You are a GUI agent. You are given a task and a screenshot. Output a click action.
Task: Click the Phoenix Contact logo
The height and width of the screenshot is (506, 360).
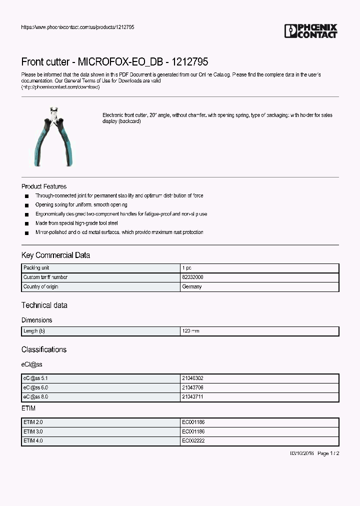pyautogui.click(x=310, y=31)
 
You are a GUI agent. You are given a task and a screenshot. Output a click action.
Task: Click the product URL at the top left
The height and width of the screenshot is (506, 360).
pyautogui.click(x=77, y=27)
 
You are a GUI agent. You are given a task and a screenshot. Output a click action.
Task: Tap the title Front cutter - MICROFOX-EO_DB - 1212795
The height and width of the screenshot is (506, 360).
pyautogui.click(x=114, y=62)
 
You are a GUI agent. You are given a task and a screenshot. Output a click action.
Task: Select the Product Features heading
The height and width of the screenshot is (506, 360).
pyautogui.click(x=44, y=186)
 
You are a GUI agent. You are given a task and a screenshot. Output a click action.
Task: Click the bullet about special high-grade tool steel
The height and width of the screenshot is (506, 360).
pyautogui.click(x=76, y=223)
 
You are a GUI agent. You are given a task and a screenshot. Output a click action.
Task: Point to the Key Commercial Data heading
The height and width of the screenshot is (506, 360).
pyautogui.click(x=55, y=255)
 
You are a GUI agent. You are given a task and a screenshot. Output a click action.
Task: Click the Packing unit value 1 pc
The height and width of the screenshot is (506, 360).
pyautogui.click(x=186, y=268)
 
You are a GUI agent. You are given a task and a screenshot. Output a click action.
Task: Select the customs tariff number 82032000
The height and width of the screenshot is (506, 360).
pyautogui.click(x=192, y=277)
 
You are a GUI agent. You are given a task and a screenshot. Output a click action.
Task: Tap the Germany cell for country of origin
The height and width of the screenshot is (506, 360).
pyautogui.click(x=192, y=286)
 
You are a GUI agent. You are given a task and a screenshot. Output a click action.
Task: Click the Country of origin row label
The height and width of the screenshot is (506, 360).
pyautogui.click(x=40, y=286)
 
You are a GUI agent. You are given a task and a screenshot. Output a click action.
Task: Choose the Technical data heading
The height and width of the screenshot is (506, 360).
pyautogui.click(x=44, y=305)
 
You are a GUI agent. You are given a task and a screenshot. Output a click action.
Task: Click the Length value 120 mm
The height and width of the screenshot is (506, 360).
pyautogui.click(x=191, y=331)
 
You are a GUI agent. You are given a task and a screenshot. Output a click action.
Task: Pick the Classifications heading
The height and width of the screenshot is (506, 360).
pyautogui.click(x=43, y=349)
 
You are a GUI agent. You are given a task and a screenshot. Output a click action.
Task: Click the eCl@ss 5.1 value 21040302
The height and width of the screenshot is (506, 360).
pyautogui.click(x=192, y=378)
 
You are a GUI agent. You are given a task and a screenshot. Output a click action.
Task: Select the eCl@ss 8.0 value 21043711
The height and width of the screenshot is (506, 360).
pyautogui.click(x=192, y=396)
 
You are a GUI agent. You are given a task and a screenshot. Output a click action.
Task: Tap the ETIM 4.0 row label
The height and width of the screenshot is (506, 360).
pyautogui.click(x=33, y=440)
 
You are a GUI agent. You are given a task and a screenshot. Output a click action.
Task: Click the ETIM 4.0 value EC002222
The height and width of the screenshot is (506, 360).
pyautogui.click(x=193, y=440)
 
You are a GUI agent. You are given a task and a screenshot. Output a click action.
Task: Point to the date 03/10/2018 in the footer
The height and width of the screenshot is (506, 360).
pyautogui.click(x=302, y=453)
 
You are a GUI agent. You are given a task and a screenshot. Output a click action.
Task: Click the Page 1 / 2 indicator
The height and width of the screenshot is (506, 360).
pyautogui.click(x=328, y=453)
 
